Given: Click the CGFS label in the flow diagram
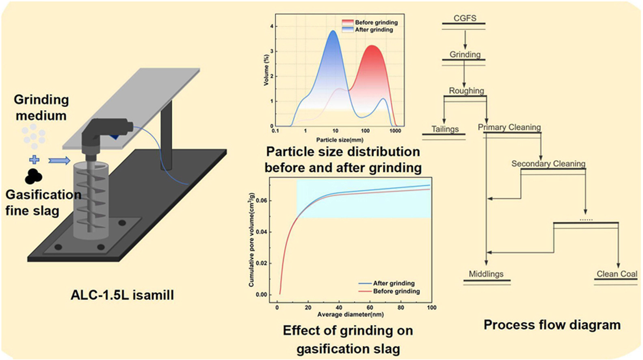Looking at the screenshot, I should [x=465, y=18].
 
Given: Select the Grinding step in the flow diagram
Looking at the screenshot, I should [x=465, y=54].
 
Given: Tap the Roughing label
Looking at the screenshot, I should [x=466, y=91].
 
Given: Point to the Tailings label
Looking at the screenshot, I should [x=445, y=129].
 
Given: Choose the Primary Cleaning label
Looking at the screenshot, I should [x=509, y=127].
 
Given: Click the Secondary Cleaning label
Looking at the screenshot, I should [x=548, y=164].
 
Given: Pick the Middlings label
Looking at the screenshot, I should [x=486, y=274].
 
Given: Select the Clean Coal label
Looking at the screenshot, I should [x=617, y=274].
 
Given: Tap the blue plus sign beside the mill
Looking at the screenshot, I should [x=35, y=160].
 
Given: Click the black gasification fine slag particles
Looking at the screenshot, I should [x=33, y=176].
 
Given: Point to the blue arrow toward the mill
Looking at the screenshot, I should [x=59, y=161].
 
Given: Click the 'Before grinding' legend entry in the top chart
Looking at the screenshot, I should [x=376, y=22].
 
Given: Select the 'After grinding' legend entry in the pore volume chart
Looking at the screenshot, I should [x=393, y=283].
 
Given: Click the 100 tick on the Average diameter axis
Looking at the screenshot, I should [x=431, y=308].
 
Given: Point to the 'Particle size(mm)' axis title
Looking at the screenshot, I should [x=340, y=140].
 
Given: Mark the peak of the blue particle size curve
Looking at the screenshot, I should [x=333, y=31].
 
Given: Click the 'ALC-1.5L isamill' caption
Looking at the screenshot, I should [x=122, y=295].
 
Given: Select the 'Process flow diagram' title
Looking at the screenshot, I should [x=552, y=325].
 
